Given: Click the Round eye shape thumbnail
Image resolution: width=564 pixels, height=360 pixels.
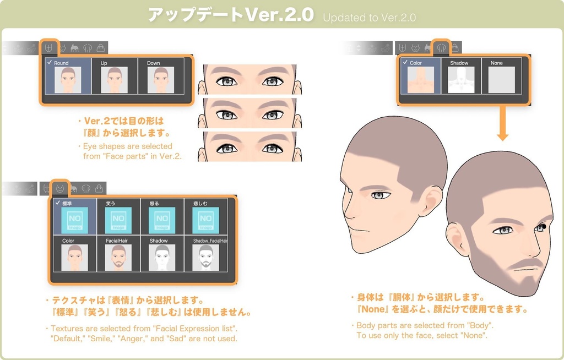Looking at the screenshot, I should pyautogui.click(x=68, y=80).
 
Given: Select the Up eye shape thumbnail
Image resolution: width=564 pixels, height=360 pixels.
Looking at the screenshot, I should pyautogui.click(x=115, y=80).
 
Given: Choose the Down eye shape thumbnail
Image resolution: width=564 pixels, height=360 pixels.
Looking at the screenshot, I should pyautogui.click(x=161, y=80).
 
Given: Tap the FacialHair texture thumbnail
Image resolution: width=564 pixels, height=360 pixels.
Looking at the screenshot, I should pyautogui.click(x=118, y=258).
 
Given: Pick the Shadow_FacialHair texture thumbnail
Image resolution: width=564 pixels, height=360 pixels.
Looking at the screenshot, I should pyautogui.click(x=205, y=258).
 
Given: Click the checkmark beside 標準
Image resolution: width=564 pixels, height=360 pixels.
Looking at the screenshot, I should pyautogui.click(x=57, y=203).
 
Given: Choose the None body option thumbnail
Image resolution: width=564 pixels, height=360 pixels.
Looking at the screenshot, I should pyautogui.click(x=502, y=80).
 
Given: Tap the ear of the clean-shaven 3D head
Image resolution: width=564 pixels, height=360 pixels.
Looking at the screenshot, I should pyautogui.click(x=431, y=200).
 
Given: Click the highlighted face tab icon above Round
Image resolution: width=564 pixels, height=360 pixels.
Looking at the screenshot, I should pyautogui.click(x=48, y=48).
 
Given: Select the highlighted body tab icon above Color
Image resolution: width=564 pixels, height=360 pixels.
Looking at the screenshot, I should pyautogui.click(x=441, y=48).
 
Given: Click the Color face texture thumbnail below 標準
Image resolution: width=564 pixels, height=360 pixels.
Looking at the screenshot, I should pyautogui.click(x=74, y=258).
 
